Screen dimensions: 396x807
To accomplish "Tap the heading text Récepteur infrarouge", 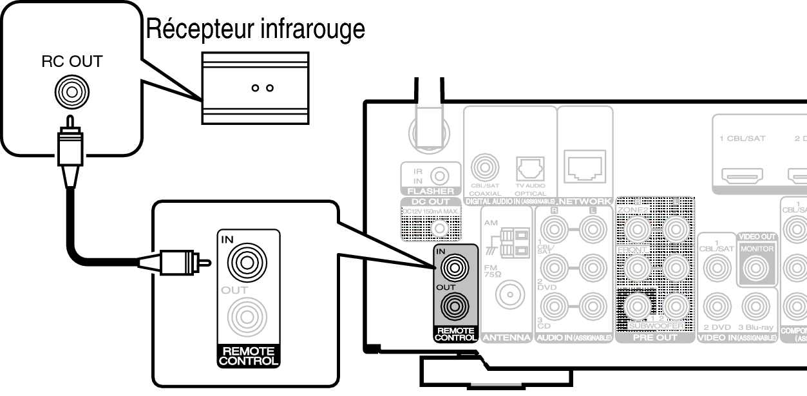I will (x=256, y=29).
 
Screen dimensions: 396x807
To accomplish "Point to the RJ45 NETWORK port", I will (x=584, y=166).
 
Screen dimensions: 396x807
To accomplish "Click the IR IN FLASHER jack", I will (x=439, y=174).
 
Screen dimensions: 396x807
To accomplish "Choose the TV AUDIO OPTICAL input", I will (x=530, y=170).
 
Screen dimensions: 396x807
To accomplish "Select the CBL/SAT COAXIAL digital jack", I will (x=483, y=169).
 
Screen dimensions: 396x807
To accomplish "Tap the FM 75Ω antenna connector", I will (x=508, y=296).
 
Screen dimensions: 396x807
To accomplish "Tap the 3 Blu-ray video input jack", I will (x=756, y=307).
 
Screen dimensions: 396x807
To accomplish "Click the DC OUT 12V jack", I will (x=440, y=227).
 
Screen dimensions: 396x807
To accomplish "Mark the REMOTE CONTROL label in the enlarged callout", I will (x=248, y=356).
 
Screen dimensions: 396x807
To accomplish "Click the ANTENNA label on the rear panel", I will (x=506, y=337).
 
